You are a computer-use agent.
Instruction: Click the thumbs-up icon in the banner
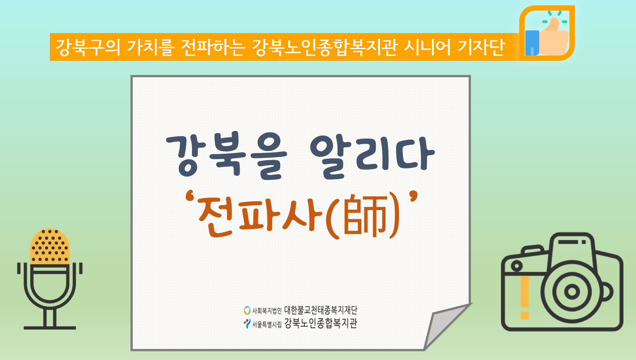click(x=547, y=33)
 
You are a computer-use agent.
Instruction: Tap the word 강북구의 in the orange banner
click(x=88, y=47)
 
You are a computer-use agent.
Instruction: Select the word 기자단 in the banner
click(x=481, y=47)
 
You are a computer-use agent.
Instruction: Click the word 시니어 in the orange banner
click(x=427, y=47)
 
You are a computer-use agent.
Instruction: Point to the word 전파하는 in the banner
click(x=213, y=47)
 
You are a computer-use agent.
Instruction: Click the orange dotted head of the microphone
click(x=50, y=246)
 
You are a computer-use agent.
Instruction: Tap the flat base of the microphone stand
click(x=50, y=328)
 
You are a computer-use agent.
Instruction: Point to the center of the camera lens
click(x=572, y=292)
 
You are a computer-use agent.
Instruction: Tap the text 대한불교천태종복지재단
click(x=321, y=310)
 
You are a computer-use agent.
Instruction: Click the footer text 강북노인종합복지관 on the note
click(x=321, y=323)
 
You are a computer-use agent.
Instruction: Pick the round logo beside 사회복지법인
click(x=247, y=310)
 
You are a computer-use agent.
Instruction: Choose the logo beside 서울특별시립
click(x=247, y=323)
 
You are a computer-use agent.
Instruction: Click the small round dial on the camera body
click(x=517, y=266)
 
